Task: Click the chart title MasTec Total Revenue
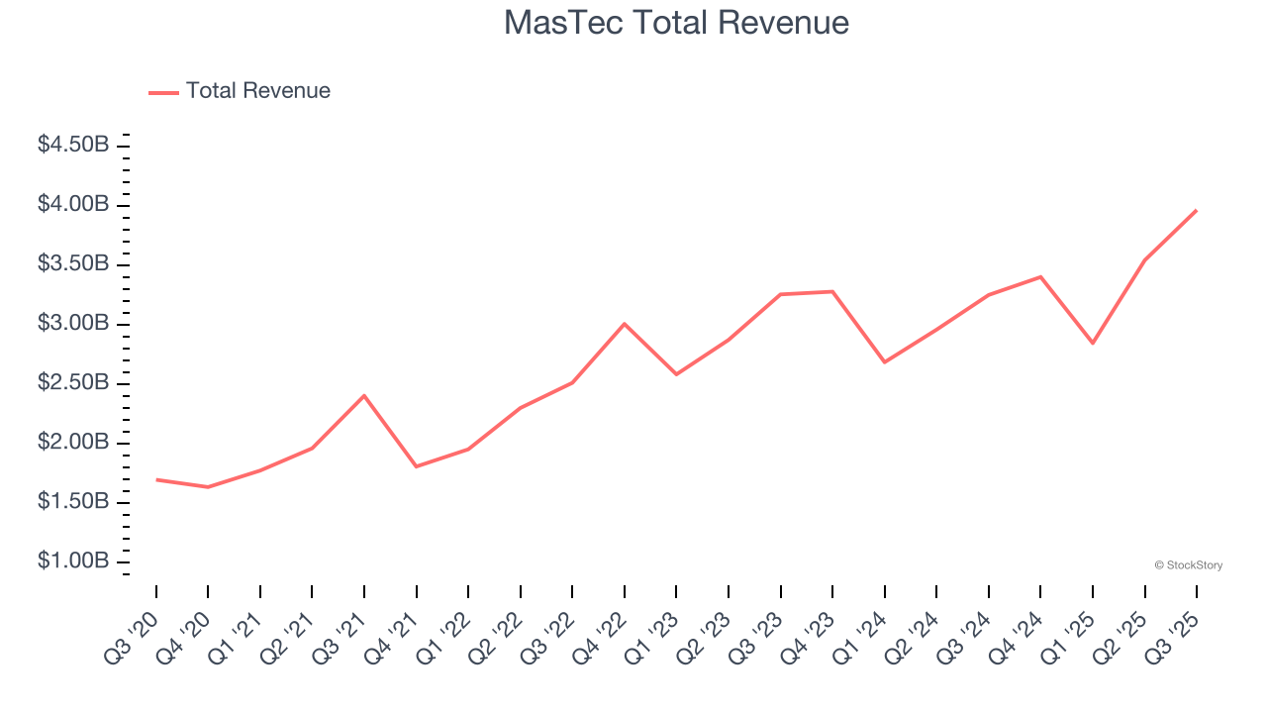coord(676,23)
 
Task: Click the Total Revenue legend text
coord(257,91)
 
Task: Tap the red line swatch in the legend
coord(163,92)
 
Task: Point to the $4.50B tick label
coord(73,145)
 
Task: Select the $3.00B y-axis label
coord(73,323)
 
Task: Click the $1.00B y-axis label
coord(73,561)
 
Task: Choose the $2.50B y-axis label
coord(73,382)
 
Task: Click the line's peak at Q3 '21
coord(364,396)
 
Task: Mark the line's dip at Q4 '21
coord(417,466)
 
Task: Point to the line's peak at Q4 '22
coord(625,324)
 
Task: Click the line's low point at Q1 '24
coord(884,361)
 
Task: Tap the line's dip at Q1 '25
coord(1093,343)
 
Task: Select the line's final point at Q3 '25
coord(1196,210)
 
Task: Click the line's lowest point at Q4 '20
coord(208,487)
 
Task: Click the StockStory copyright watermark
coord(1188,565)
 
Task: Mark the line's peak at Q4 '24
coord(1040,276)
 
